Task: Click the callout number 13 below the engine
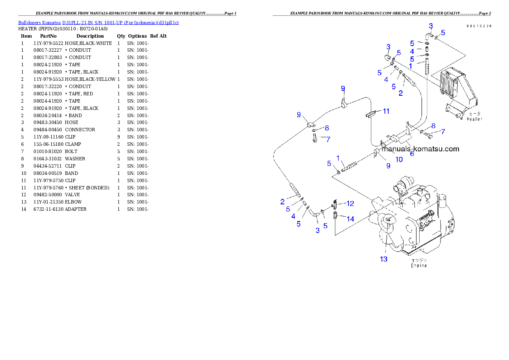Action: (x=384, y=259)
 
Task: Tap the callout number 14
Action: (x=350, y=219)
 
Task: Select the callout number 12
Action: (x=350, y=204)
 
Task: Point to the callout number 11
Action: (x=386, y=111)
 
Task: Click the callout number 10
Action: (x=399, y=159)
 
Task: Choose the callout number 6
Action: (x=412, y=153)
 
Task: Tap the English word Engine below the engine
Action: (x=419, y=265)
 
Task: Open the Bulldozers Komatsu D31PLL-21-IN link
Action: (x=98, y=22)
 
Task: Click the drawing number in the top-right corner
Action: (x=479, y=26)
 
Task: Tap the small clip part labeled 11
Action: (x=370, y=114)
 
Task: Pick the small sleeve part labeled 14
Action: (x=336, y=215)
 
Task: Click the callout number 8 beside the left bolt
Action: (x=326, y=128)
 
